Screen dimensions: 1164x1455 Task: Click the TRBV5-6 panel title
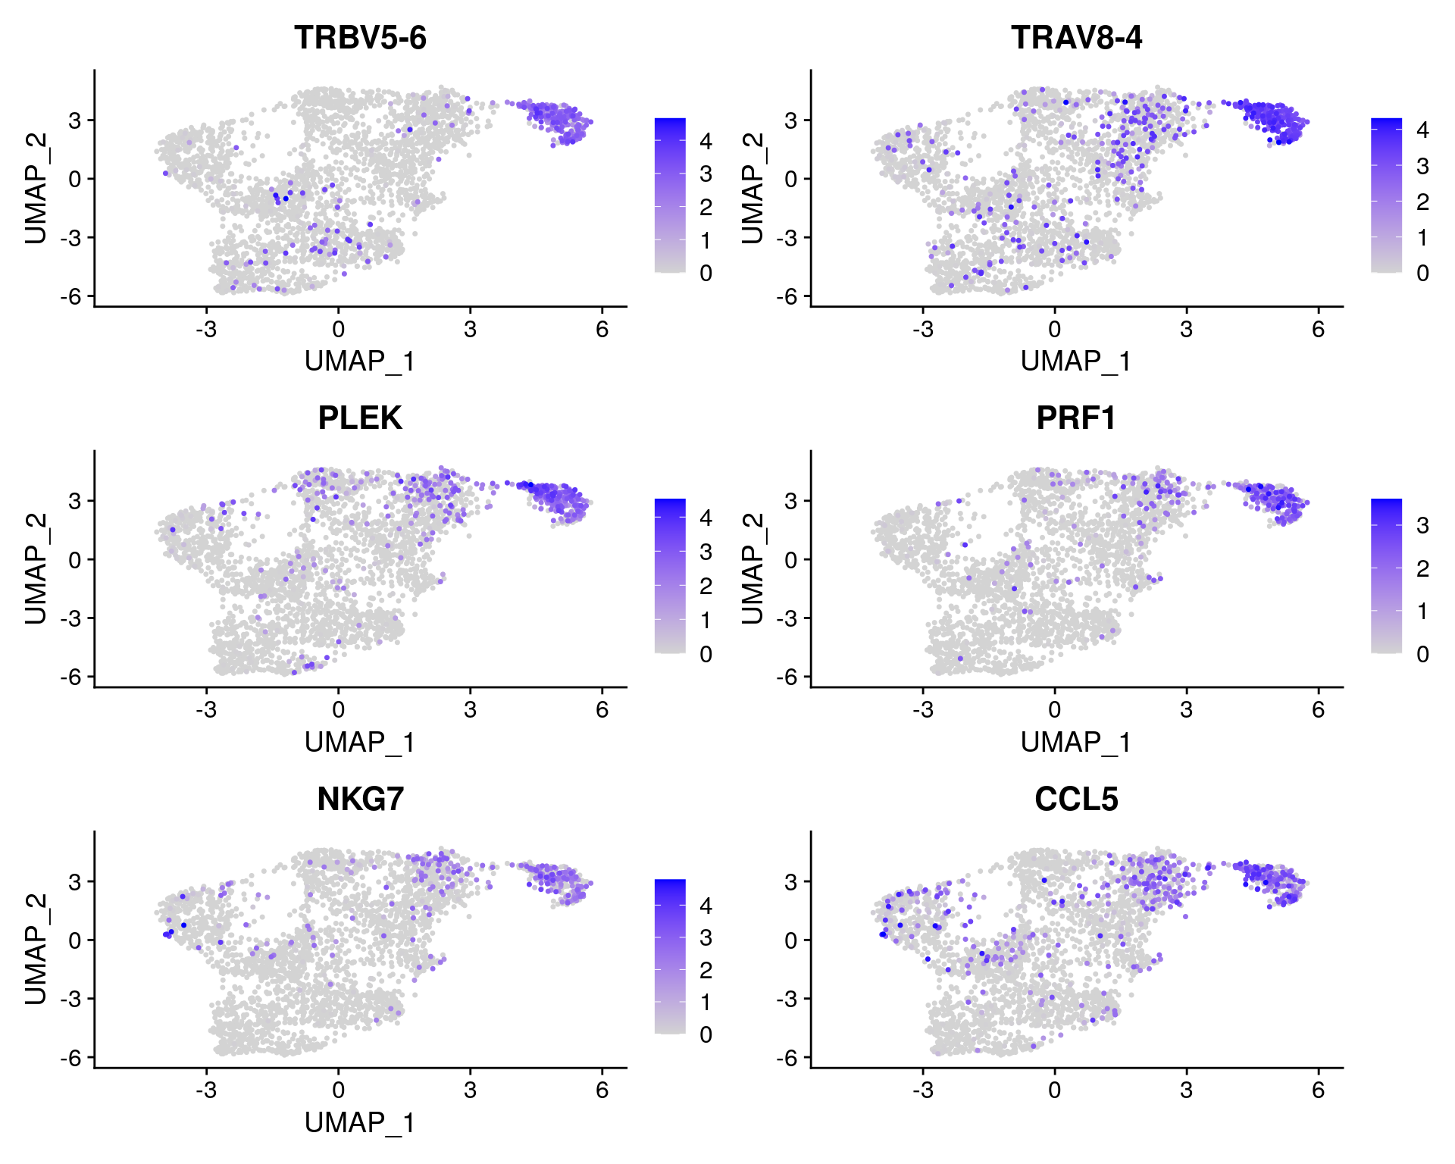pos(360,37)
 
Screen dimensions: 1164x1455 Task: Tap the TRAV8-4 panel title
pos(1076,37)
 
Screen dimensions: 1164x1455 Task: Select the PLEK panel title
pos(360,418)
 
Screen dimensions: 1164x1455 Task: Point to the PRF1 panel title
pos(1076,418)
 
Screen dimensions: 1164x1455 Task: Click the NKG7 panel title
pos(360,799)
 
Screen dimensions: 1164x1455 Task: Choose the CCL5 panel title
pos(1076,799)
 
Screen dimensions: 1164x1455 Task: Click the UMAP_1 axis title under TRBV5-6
pos(360,361)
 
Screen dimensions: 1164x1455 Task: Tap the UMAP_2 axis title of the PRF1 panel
pos(753,568)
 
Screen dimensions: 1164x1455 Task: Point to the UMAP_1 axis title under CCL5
pos(1076,1122)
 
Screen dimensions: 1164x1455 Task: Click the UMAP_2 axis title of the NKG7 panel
pos(36,949)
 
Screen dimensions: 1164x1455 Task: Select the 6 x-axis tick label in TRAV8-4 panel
pos(1319,329)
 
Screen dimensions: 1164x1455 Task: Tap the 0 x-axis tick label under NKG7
pos(338,1090)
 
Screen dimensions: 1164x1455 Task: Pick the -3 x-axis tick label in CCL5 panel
pos(922,1090)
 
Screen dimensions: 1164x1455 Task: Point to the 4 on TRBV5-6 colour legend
pos(706,141)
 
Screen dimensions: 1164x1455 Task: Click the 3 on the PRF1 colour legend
pos(1422,525)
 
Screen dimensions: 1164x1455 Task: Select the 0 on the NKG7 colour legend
pos(706,1034)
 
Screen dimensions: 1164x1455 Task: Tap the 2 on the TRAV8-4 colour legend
pos(1422,202)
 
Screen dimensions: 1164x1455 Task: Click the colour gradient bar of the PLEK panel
pos(670,576)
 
